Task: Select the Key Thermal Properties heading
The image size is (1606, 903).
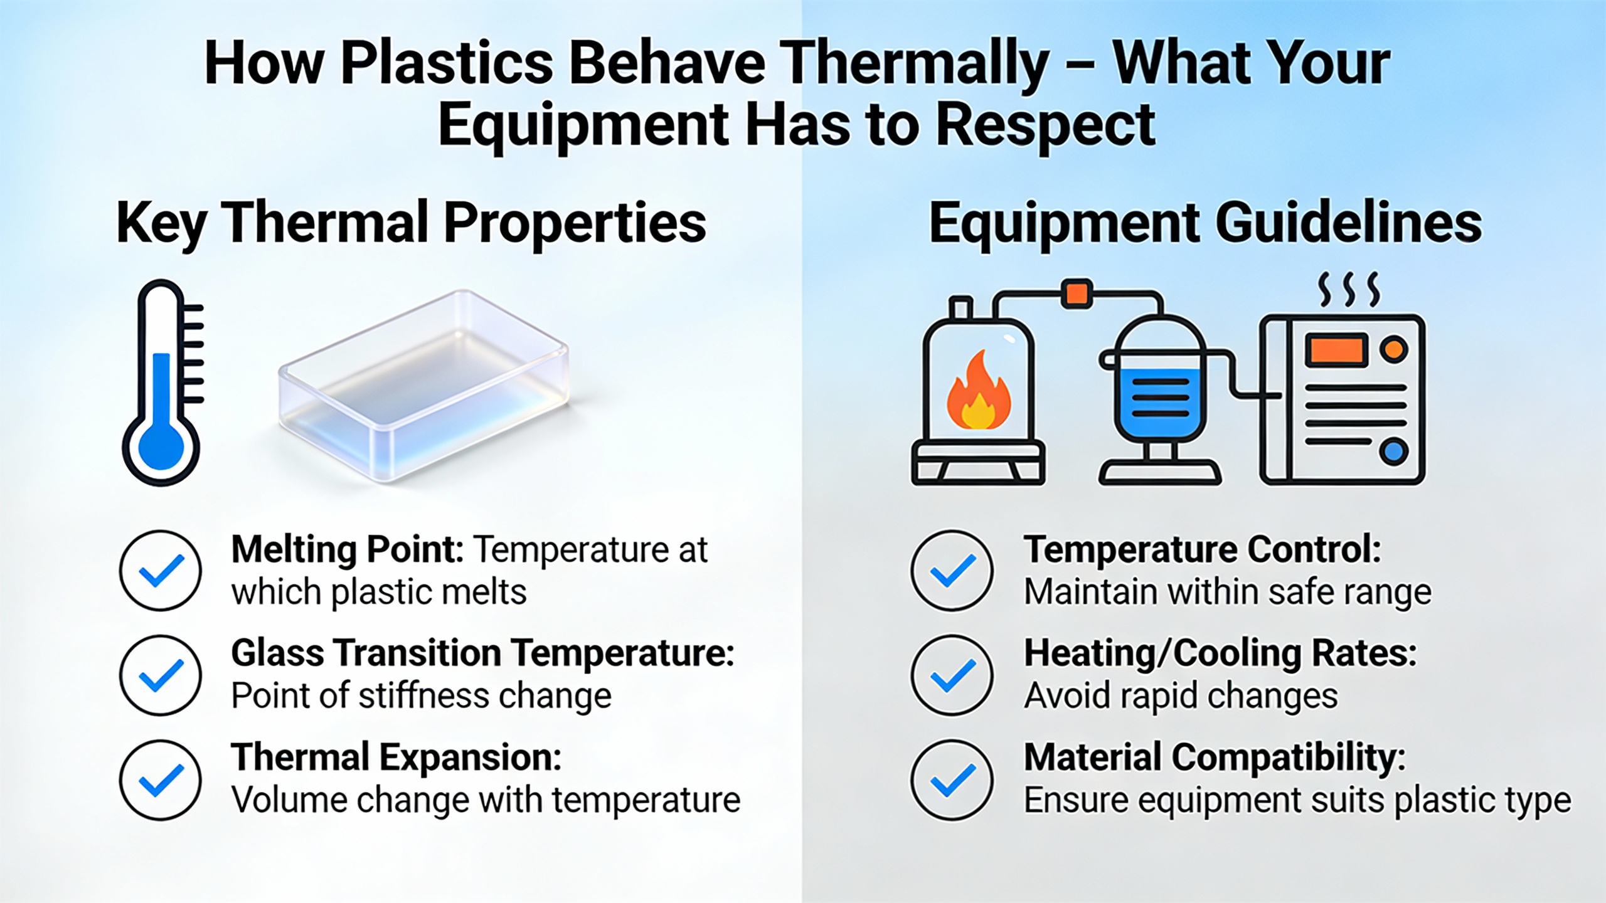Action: (x=412, y=223)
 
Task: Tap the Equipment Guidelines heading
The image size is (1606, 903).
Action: (x=1205, y=223)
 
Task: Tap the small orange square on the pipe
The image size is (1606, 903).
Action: (x=1077, y=293)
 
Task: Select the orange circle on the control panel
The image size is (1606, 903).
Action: (x=1393, y=349)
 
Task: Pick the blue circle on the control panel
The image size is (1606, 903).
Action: (x=1393, y=451)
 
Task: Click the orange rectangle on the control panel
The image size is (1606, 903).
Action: (x=1336, y=350)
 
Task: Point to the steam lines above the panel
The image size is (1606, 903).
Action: (x=1349, y=289)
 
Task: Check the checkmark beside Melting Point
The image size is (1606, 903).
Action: (x=161, y=571)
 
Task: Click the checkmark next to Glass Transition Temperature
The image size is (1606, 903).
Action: (x=161, y=675)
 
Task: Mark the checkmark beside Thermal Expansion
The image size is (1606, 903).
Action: (x=161, y=780)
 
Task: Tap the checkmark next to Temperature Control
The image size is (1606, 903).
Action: (x=952, y=571)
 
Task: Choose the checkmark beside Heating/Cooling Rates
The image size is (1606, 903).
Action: (x=952, y=675)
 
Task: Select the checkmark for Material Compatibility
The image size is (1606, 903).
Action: (x=952, y=780)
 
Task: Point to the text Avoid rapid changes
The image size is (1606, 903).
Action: (x=1181, y=695)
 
